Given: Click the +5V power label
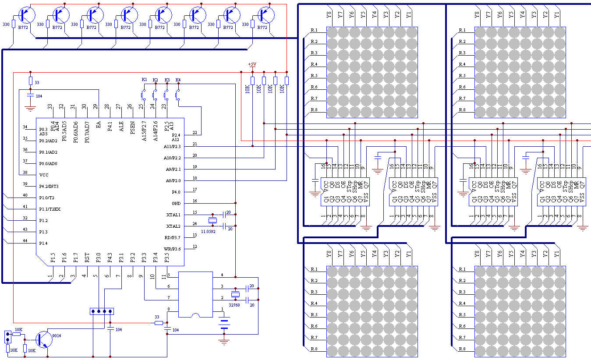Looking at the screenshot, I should [x=252, y=64].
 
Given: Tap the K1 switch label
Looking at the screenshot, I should [x=144, y=79].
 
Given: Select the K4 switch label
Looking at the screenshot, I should [x=178, y=80].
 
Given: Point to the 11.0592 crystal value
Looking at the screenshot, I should [x=208, y=231].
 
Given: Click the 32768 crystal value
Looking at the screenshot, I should [x=234, y=305].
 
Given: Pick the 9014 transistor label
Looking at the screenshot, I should [x=57, y=335].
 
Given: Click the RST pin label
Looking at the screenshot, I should [x=87, y=257].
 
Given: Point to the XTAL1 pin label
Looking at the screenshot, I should [x=173, y=215].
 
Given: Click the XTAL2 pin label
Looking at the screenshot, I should [x=173, y=226].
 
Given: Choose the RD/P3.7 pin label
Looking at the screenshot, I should [x=172, y=237].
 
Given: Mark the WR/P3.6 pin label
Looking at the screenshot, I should [x=172, y=249].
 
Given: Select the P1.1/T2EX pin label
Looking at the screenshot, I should [x=50, y=209].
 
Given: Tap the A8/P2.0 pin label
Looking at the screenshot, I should [x=173, y=180].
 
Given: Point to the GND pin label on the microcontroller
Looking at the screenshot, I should [x=176, y=203].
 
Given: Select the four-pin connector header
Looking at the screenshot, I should [x=102, y=311].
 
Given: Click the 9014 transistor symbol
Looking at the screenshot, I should [x=43, y=339].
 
